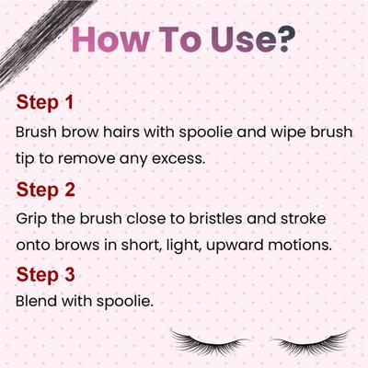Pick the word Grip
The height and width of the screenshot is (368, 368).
[x=33, y=221]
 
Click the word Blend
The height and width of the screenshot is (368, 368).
[x=38, y=300]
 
